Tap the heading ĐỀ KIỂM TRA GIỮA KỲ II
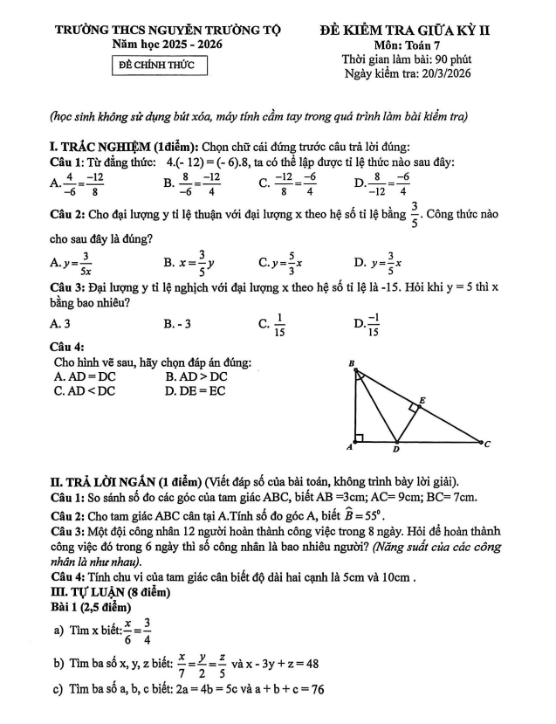click(x=405, y=30)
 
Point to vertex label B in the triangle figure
click(x=352, y=362)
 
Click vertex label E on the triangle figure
click(x=422, y=400)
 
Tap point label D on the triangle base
click(x=395, y=451)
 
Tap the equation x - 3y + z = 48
click(x=276, y=663)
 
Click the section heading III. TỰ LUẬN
click(x=98, y=592)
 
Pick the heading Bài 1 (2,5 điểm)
click(x=92, y=606)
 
